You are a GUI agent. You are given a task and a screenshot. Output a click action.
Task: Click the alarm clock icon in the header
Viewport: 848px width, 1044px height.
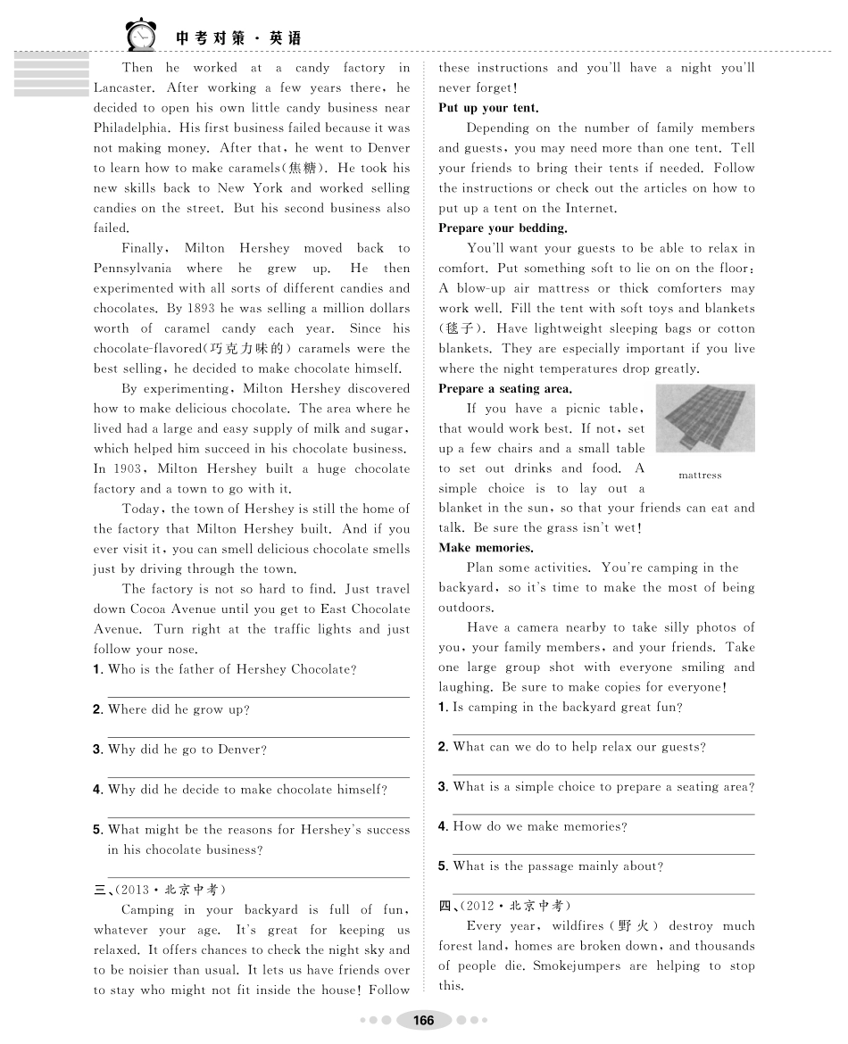[140, 36]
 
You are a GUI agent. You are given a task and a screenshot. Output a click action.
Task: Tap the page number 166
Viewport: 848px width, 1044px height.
[423, 1020]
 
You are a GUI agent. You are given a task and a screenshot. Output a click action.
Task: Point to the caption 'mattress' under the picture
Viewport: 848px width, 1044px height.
[700, 476]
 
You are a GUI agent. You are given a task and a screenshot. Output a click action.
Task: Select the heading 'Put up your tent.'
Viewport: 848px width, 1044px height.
[488, 108]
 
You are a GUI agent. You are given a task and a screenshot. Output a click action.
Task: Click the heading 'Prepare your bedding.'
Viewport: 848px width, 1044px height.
[503, 228]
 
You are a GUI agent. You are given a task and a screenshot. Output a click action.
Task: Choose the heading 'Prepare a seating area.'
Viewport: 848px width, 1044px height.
[505, 389]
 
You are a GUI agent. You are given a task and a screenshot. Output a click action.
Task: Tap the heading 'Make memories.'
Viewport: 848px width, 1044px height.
[486, 548]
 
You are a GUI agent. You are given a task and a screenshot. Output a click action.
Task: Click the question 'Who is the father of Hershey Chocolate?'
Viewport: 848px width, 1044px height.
[231, 669]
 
